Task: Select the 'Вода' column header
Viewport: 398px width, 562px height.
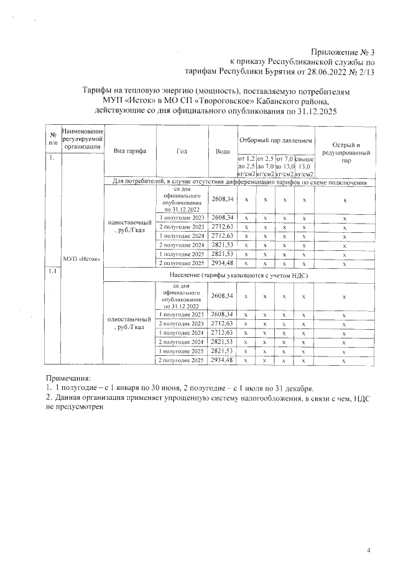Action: tap(223, 151)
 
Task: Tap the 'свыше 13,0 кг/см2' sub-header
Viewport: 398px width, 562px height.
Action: tap(304, 166)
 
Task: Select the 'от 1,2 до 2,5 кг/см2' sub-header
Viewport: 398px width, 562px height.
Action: tap(247, 166)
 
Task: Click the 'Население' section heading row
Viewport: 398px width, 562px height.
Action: tap(239, 274)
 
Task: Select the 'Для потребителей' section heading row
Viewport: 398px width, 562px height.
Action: tap(239, 183)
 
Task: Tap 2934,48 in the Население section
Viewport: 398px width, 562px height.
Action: tap(222, 360)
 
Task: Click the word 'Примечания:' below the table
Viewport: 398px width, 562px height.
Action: tap(68, 378)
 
